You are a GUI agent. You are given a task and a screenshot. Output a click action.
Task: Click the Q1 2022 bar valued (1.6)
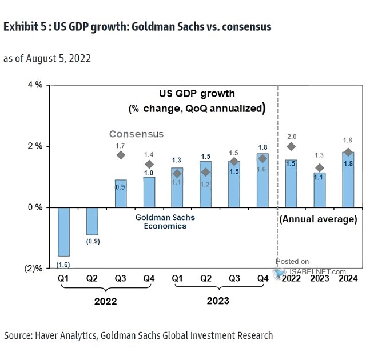tap(63, 231)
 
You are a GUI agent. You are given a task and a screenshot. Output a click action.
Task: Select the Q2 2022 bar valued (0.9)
tap(92, 221)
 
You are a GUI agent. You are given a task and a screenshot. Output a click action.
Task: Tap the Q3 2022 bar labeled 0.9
tap(121, 194)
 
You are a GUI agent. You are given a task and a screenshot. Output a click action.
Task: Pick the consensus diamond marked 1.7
tap(121, 155)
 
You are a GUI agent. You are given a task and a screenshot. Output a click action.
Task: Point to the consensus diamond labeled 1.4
tap(149, 165)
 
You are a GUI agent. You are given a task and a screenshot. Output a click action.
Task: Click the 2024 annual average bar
tap(348, 179)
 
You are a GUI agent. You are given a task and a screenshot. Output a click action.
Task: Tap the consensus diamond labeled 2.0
tap(292, 146)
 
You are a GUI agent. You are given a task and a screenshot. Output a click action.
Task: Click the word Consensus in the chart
tap(137, 134)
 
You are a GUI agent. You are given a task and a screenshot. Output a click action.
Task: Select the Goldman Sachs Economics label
tap(165, 221)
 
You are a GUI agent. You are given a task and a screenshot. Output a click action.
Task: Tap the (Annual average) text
tap(318, 219)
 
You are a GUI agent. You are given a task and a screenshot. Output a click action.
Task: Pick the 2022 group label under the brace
tap(106, 301)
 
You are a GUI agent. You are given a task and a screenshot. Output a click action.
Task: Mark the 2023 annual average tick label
tap(319, 279)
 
